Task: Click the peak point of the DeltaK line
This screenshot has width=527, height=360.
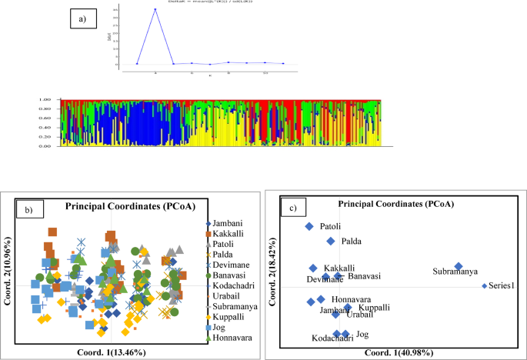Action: [155, 9]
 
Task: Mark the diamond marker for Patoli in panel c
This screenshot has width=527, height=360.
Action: [309, 226]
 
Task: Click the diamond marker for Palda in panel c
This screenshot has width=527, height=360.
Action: [331, 241]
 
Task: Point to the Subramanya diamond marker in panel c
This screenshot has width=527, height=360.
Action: [459, 267]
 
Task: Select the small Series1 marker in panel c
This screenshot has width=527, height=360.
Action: [484, 286]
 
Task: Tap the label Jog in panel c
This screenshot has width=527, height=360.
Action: [362, 334]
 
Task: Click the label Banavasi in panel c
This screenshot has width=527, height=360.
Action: [365, 275]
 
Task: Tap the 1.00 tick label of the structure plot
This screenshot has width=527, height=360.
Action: [45, 100]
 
